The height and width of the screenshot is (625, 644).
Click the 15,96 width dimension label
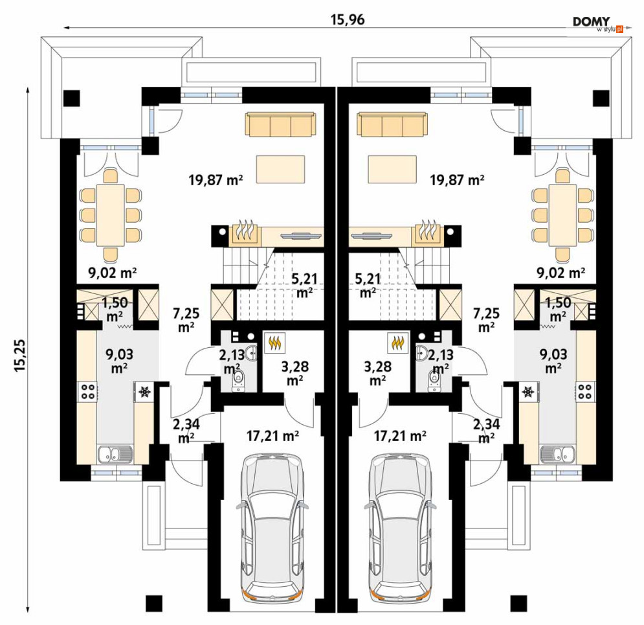tap(348, 19)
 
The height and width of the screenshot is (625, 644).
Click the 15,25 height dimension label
tap(19, 355)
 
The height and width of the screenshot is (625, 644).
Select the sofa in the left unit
tap(281, 124)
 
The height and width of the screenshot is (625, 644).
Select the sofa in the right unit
tap(392, 124)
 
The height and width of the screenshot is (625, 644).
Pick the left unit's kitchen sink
tap(115, 455)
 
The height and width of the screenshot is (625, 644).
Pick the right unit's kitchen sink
tap(558, 455)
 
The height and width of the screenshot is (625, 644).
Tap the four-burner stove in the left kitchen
tap(87, 391)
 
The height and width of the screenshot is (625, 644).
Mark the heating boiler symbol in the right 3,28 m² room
tap(397, 342)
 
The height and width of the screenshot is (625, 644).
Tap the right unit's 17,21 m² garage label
tap(400, 436)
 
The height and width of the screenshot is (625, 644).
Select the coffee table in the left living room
tap(281, 169)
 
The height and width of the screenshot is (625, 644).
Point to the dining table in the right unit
tap(561, 216)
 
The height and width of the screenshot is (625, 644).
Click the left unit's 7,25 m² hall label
tap(186, 320)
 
